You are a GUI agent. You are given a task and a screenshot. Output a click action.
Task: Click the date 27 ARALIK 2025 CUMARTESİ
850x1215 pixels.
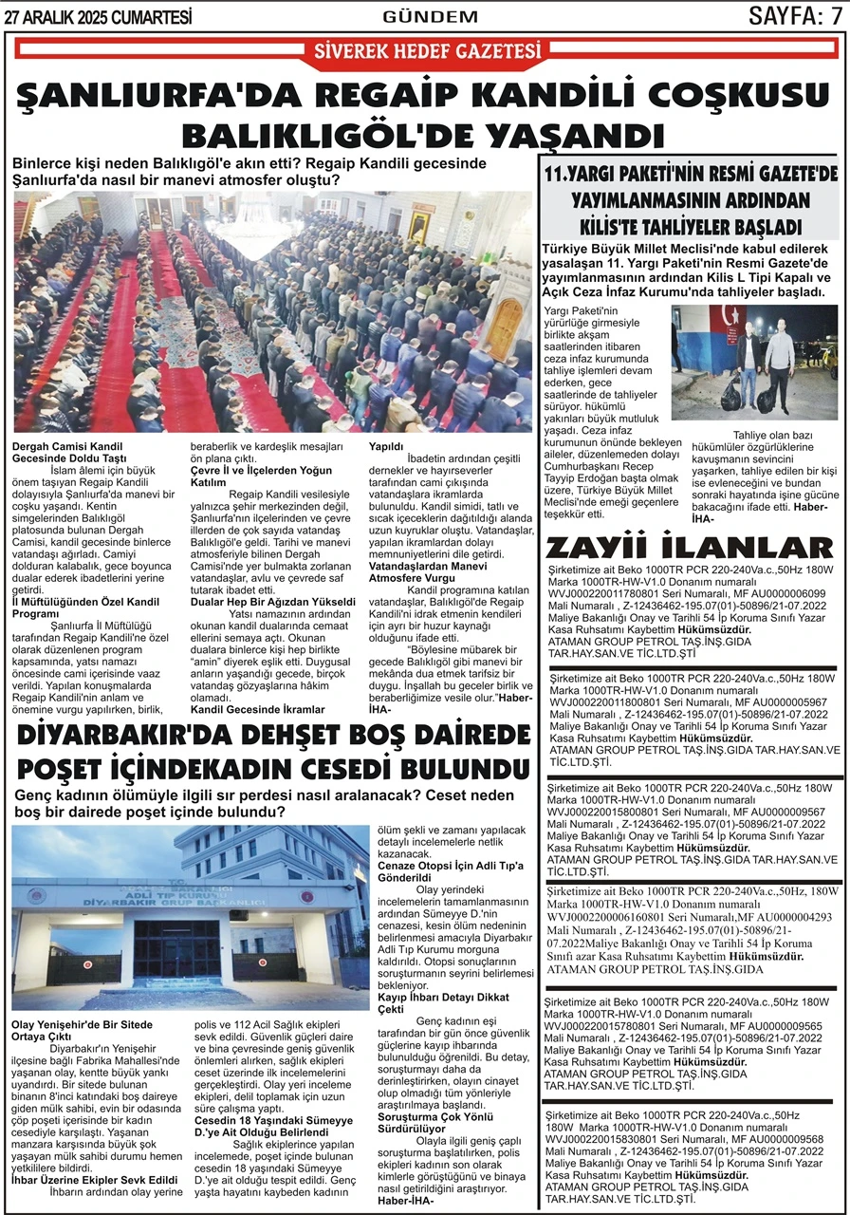point(99,15)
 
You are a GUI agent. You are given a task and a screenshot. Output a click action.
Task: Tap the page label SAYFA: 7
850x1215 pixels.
point(794,15)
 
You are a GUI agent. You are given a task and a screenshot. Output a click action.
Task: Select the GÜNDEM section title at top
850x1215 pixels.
point(430,16)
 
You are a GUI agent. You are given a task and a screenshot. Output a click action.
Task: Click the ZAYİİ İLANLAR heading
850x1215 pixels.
point(690,548)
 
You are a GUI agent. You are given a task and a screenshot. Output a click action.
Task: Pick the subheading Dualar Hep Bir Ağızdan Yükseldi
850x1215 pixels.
point(273,602)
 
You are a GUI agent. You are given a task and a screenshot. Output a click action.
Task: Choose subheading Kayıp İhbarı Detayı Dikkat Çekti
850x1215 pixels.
point(437,1004)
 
